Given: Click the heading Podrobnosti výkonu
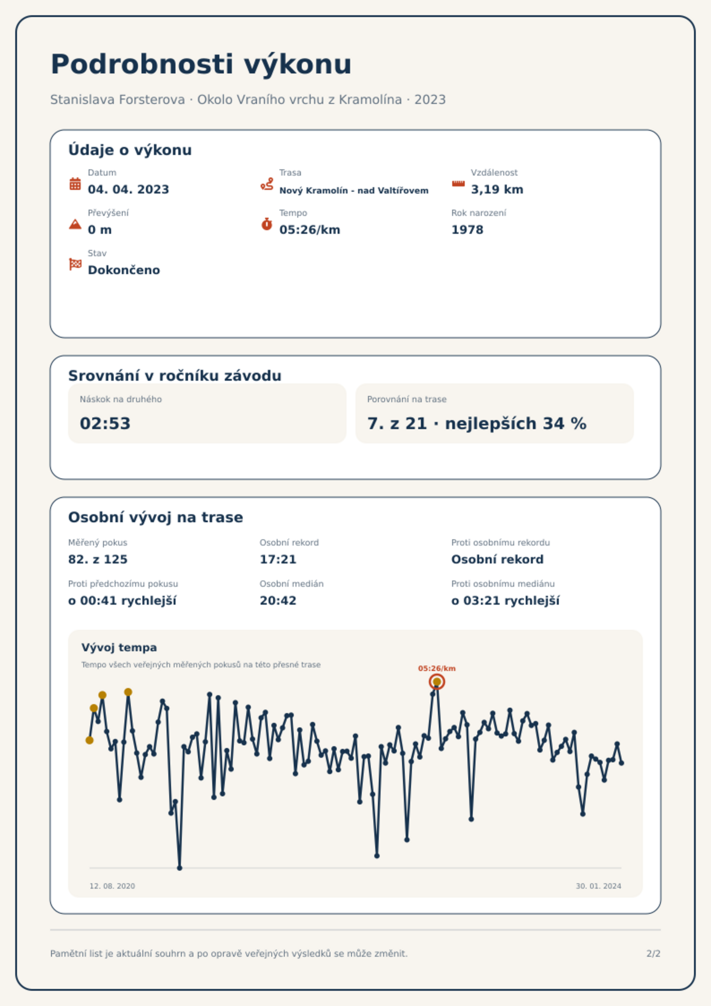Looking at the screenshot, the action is click(201, 64).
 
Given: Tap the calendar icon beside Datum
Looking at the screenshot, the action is click(75, 184).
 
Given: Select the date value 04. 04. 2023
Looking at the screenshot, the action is click(128, 189).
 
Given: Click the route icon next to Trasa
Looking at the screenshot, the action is click(267, 184).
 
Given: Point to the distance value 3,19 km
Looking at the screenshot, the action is click(497, 189).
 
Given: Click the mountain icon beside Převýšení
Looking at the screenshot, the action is click(75, 224).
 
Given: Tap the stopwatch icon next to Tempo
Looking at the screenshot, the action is click(267, 224).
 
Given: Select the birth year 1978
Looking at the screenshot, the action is click(467, 230).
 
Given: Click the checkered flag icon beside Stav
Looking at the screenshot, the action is click(75, 264).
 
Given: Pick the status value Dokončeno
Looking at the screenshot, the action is click(124, 270).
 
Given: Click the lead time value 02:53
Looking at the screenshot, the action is click(105, 424).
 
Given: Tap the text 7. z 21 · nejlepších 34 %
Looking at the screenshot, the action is click(477, 424).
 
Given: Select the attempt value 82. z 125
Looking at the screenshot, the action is click(98, 559).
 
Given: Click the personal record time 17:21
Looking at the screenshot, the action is click(278, 559).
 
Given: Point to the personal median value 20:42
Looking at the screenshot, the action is click(278, 601).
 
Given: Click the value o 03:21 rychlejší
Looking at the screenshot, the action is click(505, 601).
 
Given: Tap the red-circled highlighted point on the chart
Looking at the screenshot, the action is click(437, 682).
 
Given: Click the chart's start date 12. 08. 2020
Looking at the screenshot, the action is click(112, 886).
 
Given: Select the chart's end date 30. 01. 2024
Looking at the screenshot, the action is click(599, 886).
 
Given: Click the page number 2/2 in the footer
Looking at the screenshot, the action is click(654, 954).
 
